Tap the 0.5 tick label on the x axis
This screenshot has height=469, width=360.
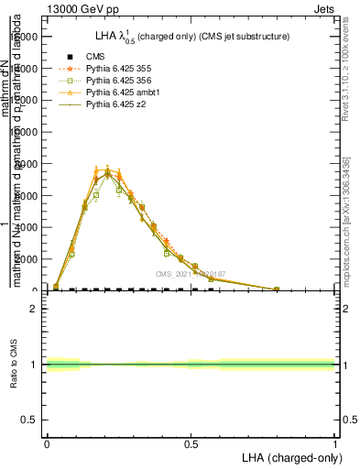(191, 442)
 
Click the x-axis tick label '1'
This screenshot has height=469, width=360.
(334, 442)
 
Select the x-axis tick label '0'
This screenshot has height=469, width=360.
(47, 442)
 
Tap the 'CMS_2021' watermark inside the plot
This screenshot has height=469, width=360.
(190, 273)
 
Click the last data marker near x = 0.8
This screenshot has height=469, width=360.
(277, 289)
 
